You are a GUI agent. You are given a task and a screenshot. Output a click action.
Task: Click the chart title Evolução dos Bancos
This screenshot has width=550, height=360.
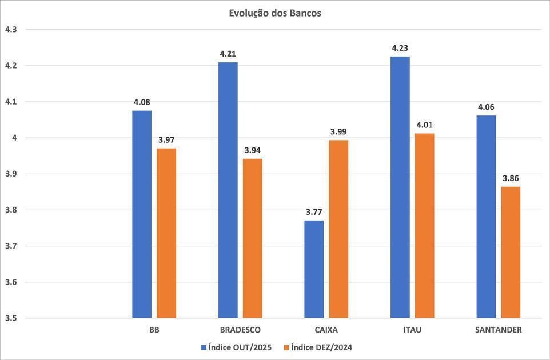tap(275, 13)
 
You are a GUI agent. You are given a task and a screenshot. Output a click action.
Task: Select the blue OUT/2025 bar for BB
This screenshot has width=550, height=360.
tap(142, 214)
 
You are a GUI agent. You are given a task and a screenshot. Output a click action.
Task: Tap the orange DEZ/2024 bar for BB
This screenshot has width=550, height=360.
tap(166, 233)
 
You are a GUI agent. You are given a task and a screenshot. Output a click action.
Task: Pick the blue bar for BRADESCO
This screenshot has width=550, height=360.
tap(228, 190)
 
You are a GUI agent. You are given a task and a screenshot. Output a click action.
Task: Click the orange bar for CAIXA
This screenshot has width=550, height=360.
tap(338, 229)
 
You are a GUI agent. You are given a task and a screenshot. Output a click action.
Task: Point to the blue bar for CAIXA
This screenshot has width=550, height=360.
tap(314, 269)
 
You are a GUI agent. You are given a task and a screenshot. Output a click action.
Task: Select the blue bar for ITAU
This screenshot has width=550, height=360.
tap(400, 187)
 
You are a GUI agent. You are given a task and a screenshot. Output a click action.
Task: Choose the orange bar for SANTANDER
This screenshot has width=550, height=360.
tap(511, 252)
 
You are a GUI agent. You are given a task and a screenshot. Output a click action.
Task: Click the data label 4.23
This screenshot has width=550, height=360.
tap(400, 49)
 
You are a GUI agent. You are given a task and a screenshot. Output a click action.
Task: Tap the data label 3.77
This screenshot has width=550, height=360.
tap(314, 212)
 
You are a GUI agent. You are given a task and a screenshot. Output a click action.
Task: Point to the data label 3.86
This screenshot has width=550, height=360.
tap(511, 178)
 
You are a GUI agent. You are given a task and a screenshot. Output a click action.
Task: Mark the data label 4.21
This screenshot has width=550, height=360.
tap(228, 54)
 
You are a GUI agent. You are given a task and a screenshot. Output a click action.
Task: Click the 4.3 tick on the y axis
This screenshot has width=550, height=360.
tap(11, 29)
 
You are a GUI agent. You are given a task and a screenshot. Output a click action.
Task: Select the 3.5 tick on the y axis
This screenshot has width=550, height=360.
tap(11, 318)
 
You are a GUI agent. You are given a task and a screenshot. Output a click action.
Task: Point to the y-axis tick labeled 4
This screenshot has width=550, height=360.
tap(14, 138)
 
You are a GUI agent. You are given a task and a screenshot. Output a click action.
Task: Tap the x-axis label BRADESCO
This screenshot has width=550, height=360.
tap(240, 330)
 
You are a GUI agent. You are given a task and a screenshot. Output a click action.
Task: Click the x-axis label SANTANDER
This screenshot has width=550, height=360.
tap(499, 330)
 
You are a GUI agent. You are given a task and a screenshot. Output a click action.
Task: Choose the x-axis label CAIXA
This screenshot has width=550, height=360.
tap(326, 330)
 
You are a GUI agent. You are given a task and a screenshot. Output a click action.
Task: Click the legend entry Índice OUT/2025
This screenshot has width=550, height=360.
tap(236, 347)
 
